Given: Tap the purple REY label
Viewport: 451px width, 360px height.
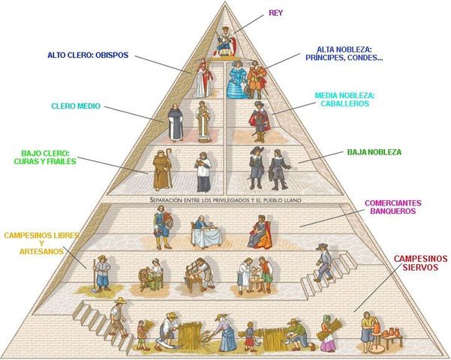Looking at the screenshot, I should [x=275, y=13].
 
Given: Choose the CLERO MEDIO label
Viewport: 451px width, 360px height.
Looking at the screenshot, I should [x=76, y=106].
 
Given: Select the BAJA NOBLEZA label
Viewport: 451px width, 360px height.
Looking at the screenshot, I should [x=374, y=152].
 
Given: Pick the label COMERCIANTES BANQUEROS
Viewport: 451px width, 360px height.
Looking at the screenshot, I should [x=393, y=207].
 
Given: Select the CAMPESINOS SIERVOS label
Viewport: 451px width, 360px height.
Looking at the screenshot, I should [x=419, y=264].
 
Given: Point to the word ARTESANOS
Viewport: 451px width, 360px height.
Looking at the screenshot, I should [x=42, y=252].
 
